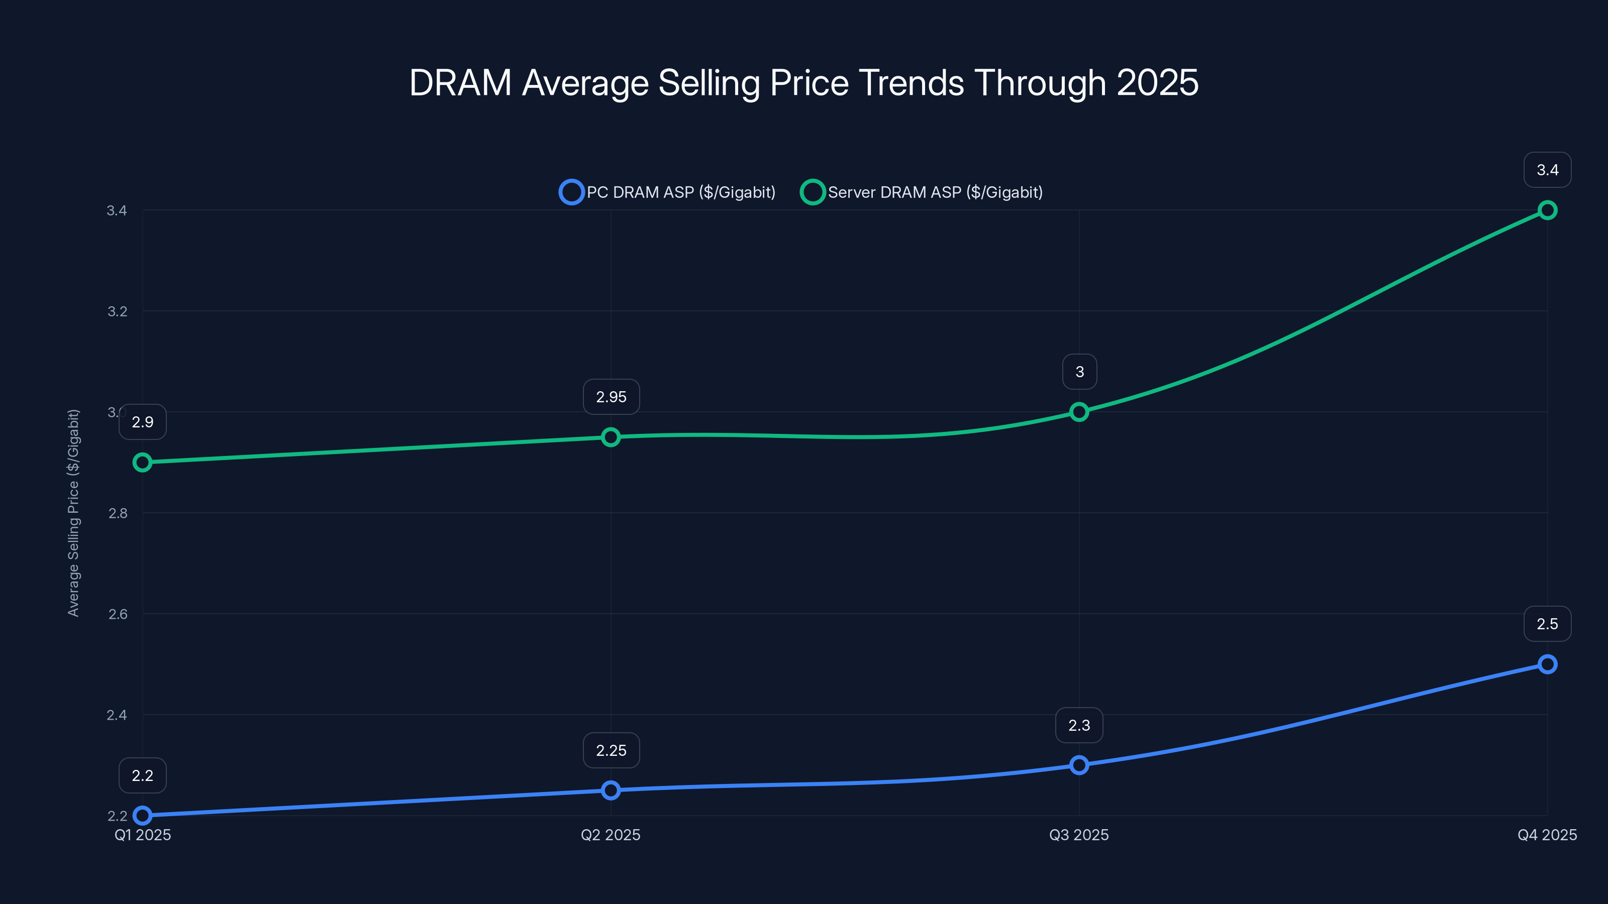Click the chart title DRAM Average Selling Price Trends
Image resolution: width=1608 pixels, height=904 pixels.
point(803,83)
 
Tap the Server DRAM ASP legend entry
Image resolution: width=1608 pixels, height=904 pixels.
point(922,192)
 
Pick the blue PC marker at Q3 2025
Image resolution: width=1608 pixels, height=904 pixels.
point(1079,765)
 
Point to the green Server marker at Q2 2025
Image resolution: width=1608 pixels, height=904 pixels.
point(611,437)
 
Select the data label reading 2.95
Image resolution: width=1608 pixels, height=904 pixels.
point(611,397)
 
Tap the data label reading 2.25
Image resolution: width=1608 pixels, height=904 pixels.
point(611,750)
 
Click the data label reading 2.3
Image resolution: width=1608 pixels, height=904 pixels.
point(1079,725)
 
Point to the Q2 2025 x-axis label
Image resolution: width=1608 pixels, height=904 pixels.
point(611,835)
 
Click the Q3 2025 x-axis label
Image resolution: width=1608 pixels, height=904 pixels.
point(1079,835)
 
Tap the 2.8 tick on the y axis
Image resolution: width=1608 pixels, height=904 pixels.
point(118,513)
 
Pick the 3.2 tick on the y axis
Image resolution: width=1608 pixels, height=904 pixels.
point(118,311)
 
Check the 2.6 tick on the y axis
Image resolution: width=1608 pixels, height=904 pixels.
point(118,614)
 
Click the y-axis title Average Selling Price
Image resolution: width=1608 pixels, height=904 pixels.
point(74,513)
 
